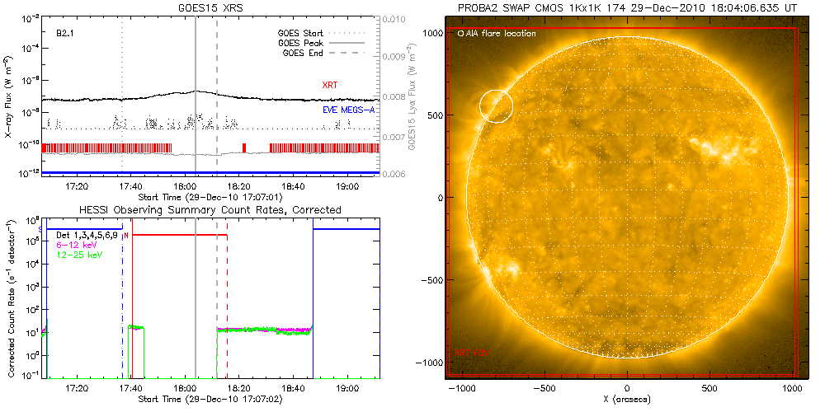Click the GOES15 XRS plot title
[x=211, y=7]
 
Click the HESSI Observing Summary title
[x=211, y=210]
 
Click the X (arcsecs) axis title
[x=628, y=400]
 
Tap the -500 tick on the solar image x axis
[x=544, y=388]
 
